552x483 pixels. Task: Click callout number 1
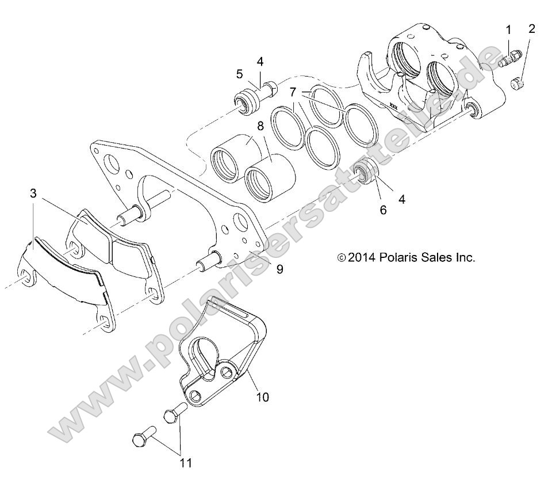[x=508, y=29]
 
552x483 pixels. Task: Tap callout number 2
[x=531, y=28]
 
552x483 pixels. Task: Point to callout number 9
[x=279, y=269]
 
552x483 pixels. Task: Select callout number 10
[x=262, y=397]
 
